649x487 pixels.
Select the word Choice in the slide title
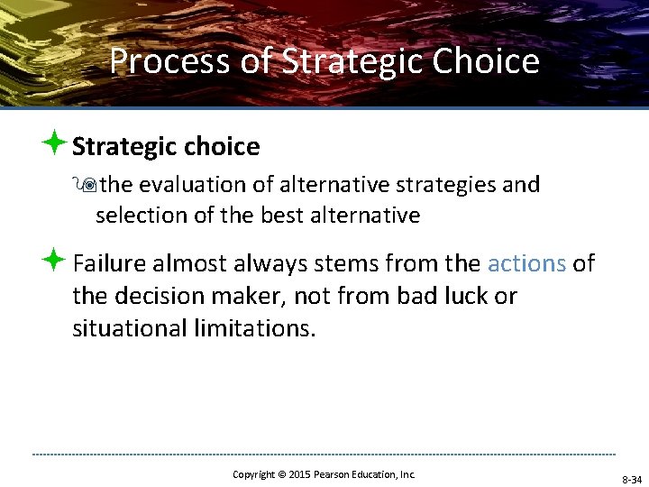pos(486,61)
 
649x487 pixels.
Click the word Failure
pos(109,263)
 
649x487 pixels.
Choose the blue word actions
pos(526,263)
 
